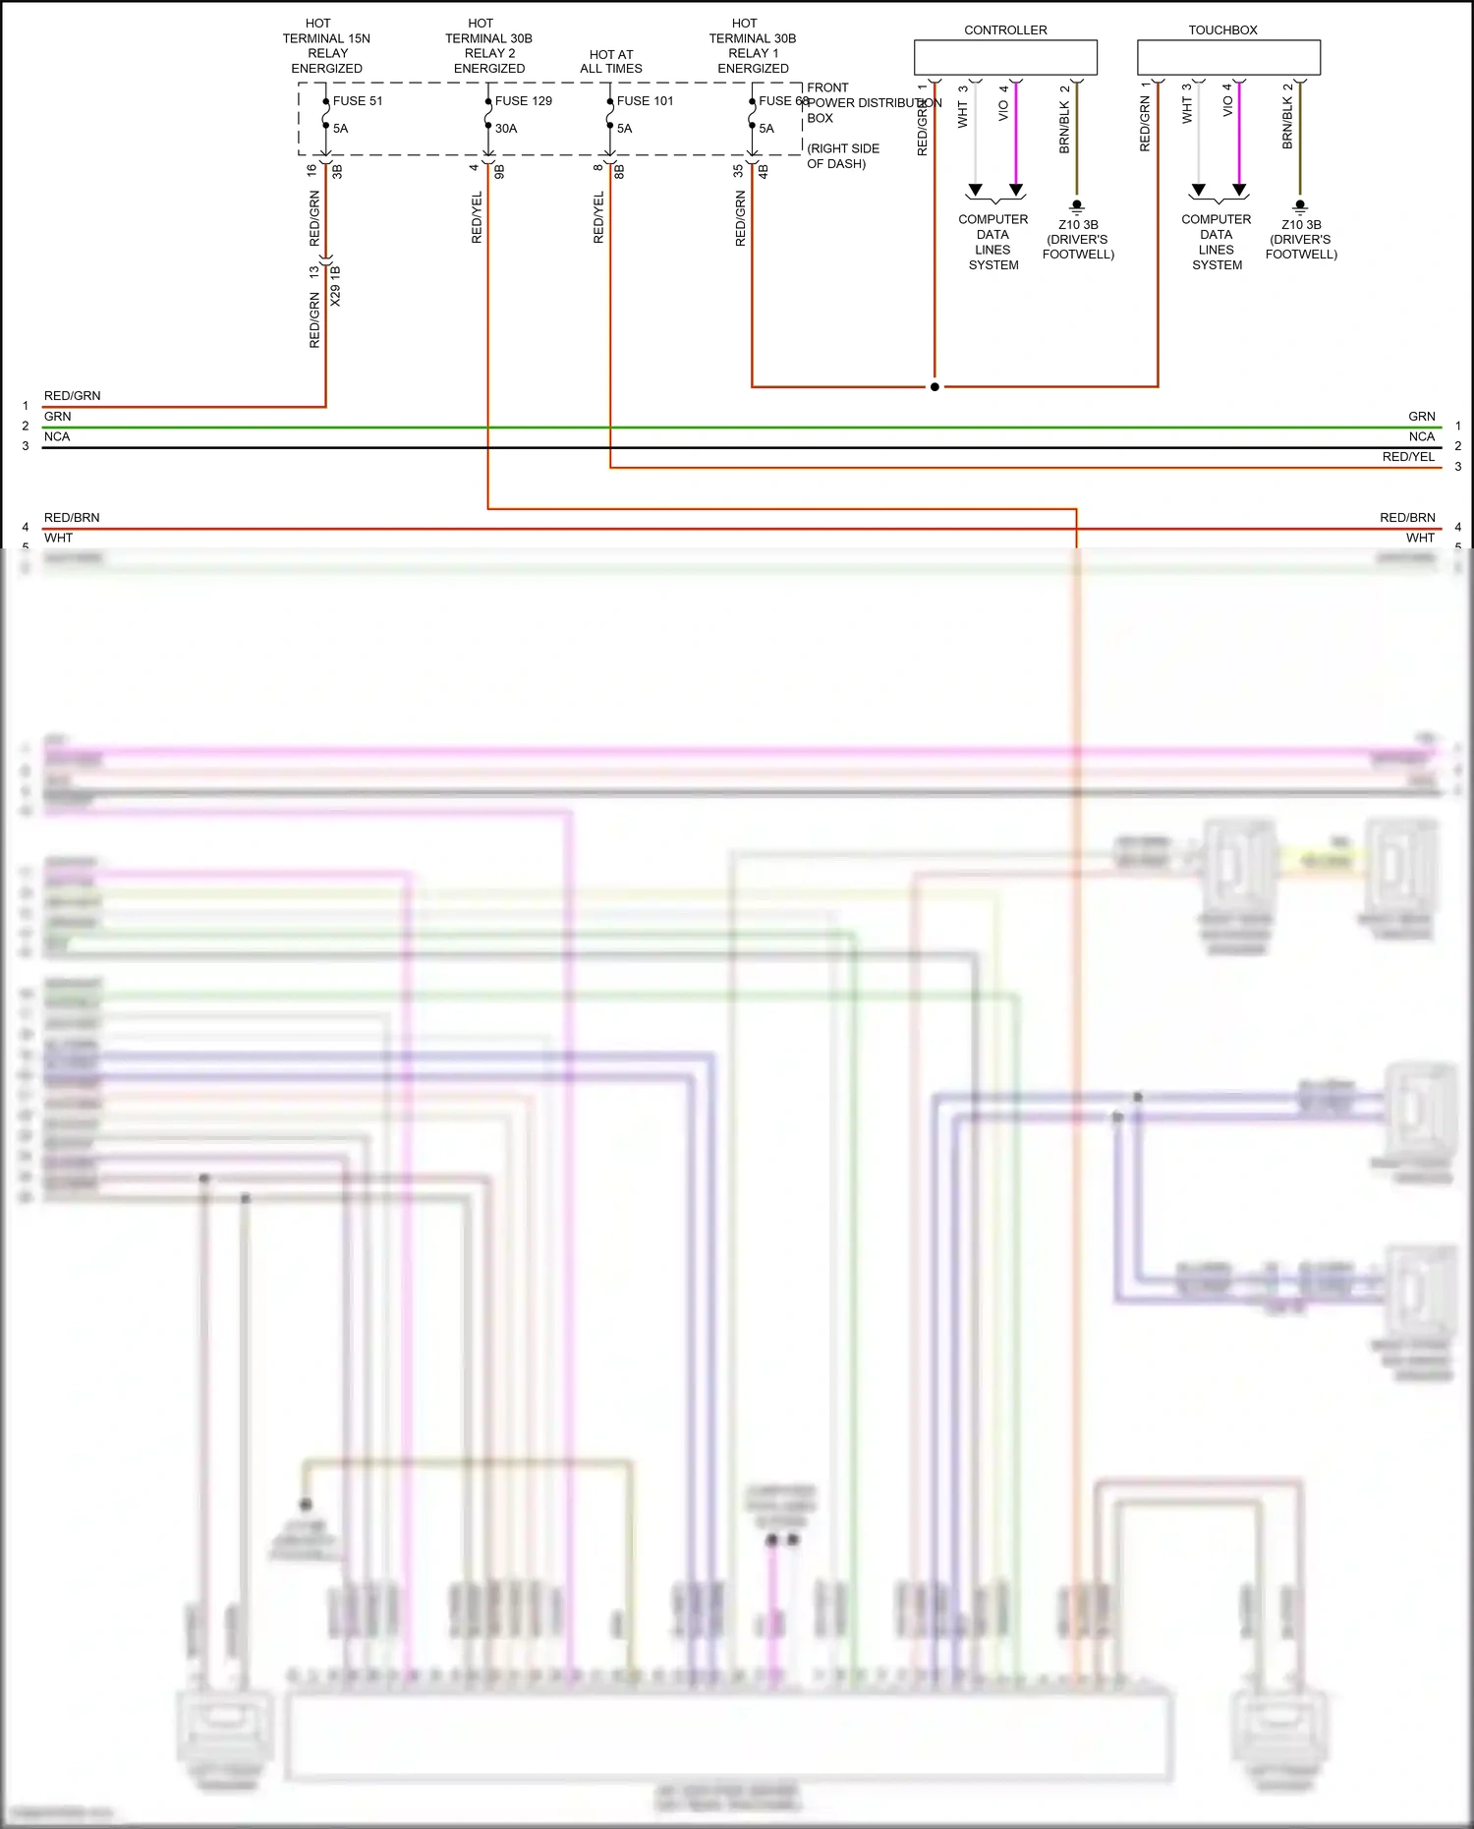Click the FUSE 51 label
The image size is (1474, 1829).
click(357, 101)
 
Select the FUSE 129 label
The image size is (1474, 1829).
click(523, 101)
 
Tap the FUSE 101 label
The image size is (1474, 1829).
click(645, 101)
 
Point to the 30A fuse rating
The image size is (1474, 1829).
click(506, 129)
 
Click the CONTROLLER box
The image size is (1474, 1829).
click(1005, 57)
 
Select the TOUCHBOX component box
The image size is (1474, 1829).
click(1228, 57)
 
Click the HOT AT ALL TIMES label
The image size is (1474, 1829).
click(611, 62)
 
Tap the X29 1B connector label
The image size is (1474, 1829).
click(336, 285)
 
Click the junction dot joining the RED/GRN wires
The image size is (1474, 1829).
click(935, 386)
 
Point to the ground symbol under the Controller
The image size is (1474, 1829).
click(1077, 207)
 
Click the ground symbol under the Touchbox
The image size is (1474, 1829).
click(1300, 207)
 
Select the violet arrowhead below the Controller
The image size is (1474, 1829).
click(1016, 190)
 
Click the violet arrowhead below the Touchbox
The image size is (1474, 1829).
click(1239, 190)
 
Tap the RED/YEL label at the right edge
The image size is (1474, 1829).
click(1408, 457)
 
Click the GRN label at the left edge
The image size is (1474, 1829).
click(57, 417)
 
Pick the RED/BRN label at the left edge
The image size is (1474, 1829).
click(72, 518)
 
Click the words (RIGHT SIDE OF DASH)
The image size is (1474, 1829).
click(842, 156)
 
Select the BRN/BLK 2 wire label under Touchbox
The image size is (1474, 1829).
click(1288, 116)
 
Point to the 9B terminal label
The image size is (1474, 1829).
click(499, 171)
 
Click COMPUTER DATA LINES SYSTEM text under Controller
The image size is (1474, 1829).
click(993, 242)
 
